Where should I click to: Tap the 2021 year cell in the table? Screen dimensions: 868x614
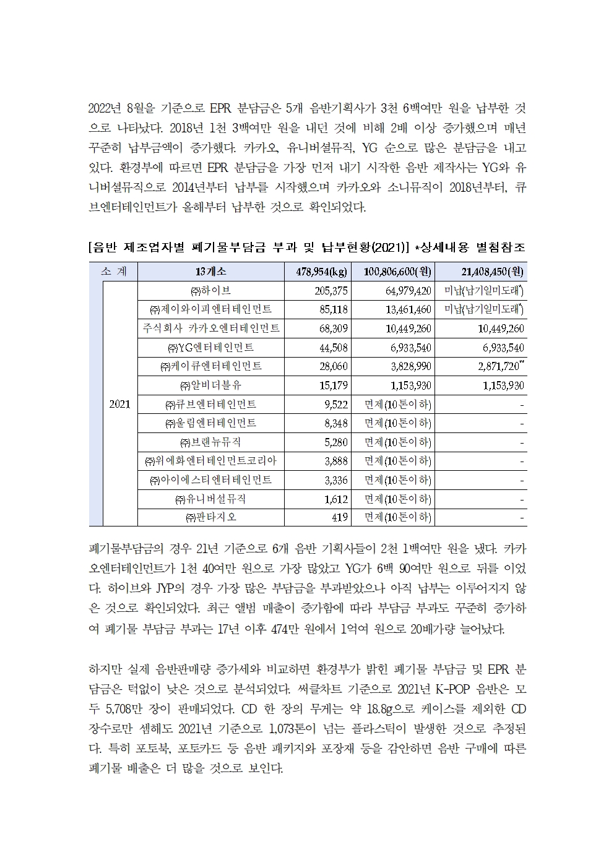tap(119, 404)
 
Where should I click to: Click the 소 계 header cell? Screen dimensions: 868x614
tap(113, 271)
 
